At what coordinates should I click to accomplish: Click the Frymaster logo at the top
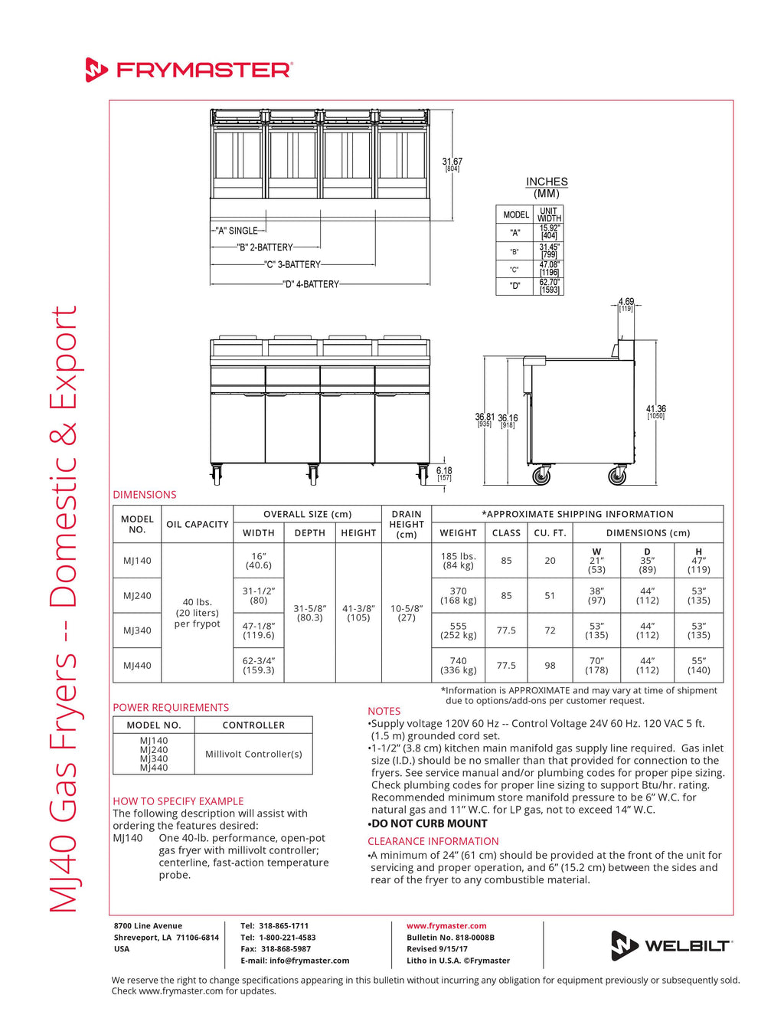pyautogui.click(x=188, y=70)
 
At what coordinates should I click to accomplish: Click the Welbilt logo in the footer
pyautogui.click(x=671, y=945)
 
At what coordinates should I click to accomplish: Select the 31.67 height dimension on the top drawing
pyautogui.click(x=452, y=162)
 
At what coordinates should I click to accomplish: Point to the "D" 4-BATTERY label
pyautogui.click(x=311, y=284)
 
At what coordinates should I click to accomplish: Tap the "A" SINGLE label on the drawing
pyautogui.click(x=237, y=231)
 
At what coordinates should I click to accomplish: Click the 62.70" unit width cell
pyautogui.click(x=550, y=286)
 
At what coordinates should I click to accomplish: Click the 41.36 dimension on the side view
pyautogui.click(x=655, y=411)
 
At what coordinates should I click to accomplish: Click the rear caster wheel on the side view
pyautogui.click(x=617, y=476)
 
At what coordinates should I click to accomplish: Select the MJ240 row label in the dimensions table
pyautogui.click(x=138, y=595)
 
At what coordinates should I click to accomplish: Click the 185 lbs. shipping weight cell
pyautogui.click(x=459, y=561)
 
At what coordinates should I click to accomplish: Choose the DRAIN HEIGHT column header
pyautogui.click(x=407, y=524)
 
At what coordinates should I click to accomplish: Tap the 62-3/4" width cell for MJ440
pyautogui.click(x=259, y=665)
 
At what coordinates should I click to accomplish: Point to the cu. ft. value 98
pyautogui.click(x=550, y=665)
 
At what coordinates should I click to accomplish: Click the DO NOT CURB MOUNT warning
pyautogui.click(x=429, y=823)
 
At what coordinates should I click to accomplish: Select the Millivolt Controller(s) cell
pyautogui.click(x=253, y=754)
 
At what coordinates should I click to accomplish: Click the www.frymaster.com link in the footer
pyautogui.click(x=446, y=926)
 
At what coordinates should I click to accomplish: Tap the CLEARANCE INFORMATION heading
pyautogui.click(x=433, y=841)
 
